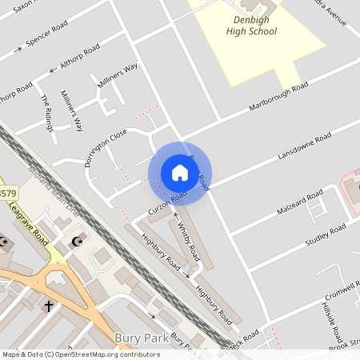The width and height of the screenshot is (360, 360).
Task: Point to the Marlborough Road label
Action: click(278, 96)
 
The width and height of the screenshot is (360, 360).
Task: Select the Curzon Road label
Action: click(166, 202)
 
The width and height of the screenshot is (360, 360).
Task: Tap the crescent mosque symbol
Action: click(78, 242)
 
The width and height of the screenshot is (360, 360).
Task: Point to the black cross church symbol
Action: click(48, 306)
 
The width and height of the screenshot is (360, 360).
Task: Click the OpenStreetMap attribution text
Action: click(80, 354)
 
